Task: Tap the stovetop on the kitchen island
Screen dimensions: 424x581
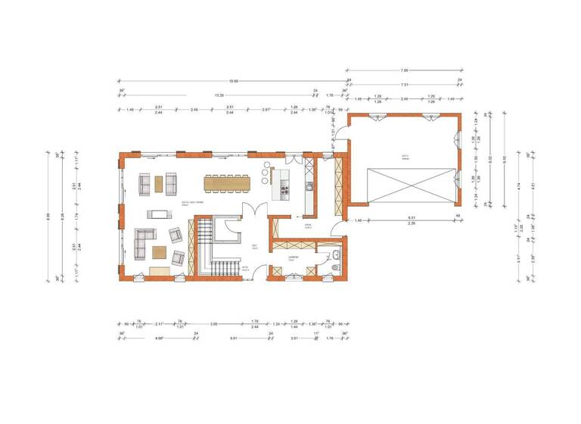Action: coord(285,189)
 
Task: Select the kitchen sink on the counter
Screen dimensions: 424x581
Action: coord(309,186)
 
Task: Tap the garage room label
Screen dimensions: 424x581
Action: coord(405,157)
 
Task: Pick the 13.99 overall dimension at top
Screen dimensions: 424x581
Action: coord(234,80)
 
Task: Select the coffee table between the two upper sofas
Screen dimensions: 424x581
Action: coord(158,184)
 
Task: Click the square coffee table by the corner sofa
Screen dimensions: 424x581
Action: coord(160,252)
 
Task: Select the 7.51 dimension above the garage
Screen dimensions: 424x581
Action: coord(405,85)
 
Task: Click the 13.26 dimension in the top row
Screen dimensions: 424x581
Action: coord(219,95)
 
